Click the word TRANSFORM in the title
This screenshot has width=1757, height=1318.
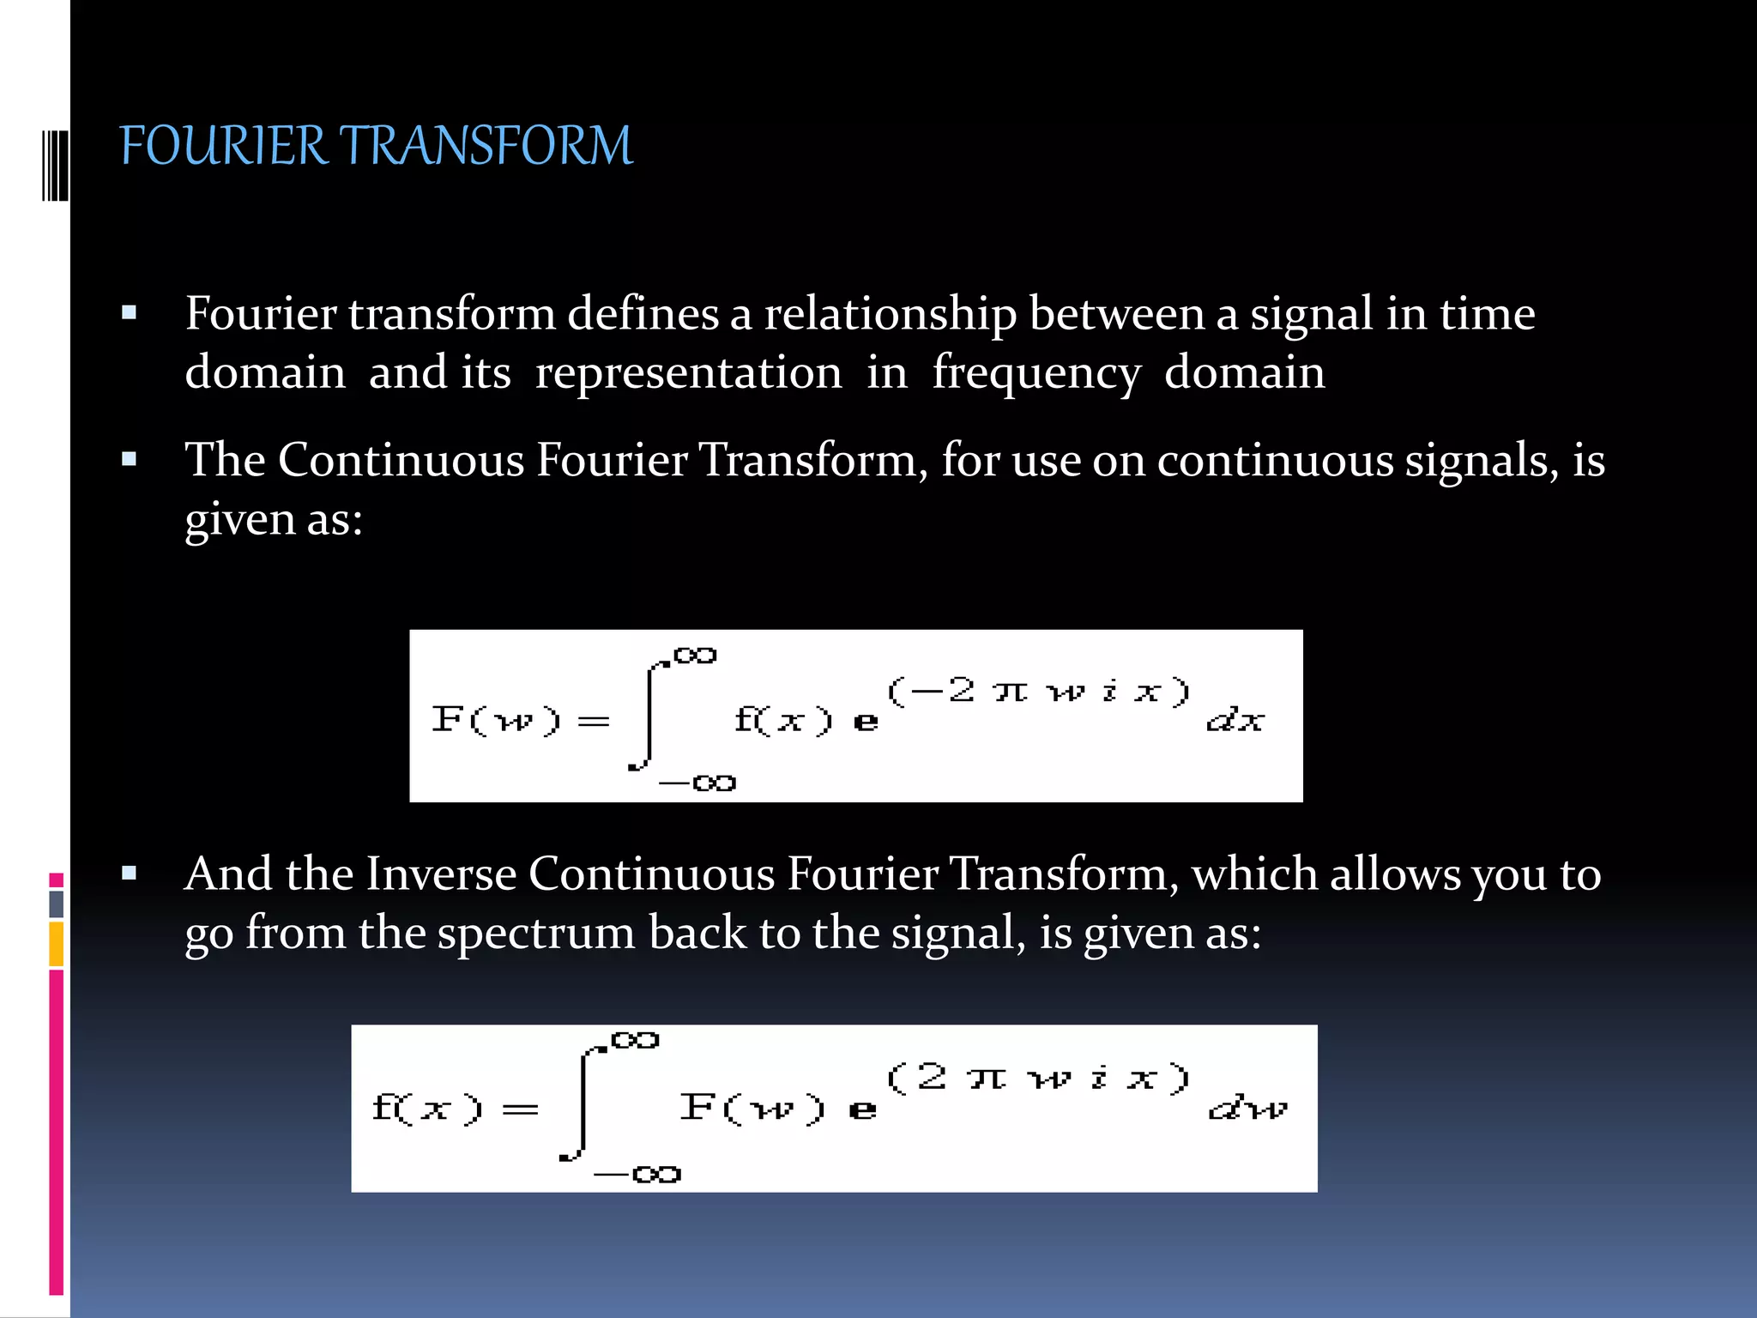(x=490, y=146)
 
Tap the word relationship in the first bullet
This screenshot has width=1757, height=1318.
(x=890, y=314)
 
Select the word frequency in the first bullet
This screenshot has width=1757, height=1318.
(x=1036, y=374)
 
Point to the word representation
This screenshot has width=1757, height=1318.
(x=688, y=374)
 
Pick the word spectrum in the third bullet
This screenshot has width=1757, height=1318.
(x=536, y=934)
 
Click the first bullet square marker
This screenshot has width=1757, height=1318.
(x=130, y=313)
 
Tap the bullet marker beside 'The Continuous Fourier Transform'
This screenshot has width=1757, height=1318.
(x=130, y=460)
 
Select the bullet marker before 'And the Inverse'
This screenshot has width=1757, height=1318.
(x=130, y=874)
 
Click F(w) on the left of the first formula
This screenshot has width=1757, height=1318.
(x=496, y=719)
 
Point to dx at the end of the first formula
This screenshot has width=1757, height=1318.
(x=1235, y=721)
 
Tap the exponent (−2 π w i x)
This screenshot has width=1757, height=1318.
(x=1038, y=691)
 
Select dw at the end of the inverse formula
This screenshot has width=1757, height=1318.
(x=1247, y=1109)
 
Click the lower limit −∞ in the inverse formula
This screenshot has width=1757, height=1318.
(x=637, y=1174)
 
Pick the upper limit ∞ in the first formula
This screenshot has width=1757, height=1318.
(x=694, y=656)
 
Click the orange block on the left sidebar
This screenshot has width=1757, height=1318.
(x=57, y=944)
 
